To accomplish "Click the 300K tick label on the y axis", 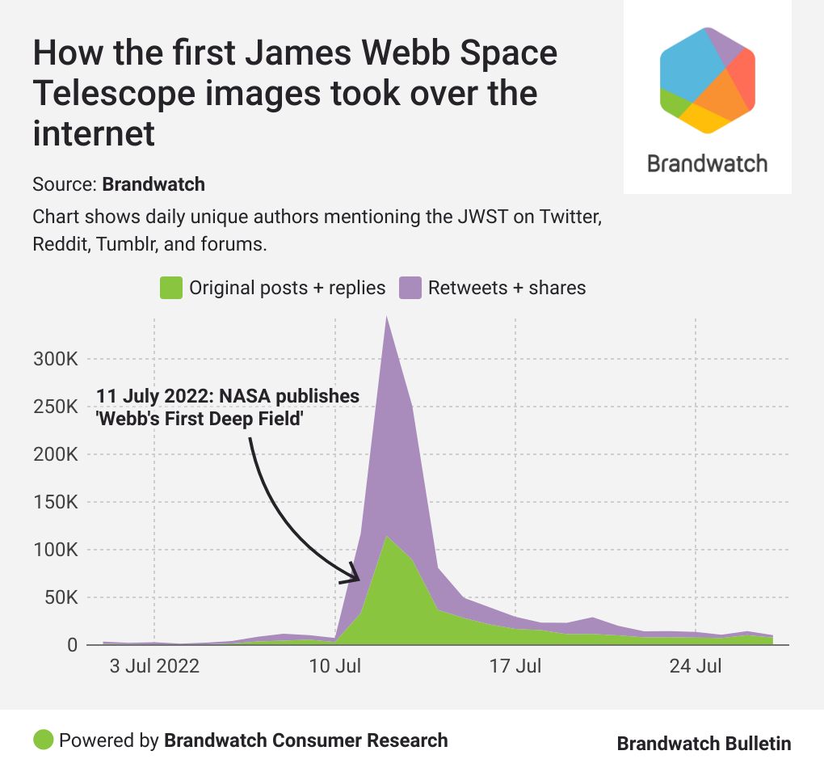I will pyautogui.click(x=55, y=359).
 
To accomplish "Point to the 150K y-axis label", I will pyautogui.click(x=55, y=502).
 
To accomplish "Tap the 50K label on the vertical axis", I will pyautogui.click(x=60, y=598).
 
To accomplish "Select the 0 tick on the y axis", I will pyautogui.click(x=72, y=646).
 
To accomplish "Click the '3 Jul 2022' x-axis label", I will pyautogui.click(x=154, y=668).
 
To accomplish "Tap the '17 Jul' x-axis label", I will pyautogui.click(x=516, y=668).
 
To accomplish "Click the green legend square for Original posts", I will pyautogui.click(x=170, y=288).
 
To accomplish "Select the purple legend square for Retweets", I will pyautogui.click(x=412, y=288).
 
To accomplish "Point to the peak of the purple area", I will pyautogui.click(x=388, y=317).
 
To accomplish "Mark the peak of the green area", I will pyautogui.click(x=388, y=537).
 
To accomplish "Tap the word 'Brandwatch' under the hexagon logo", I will pyautogui.click(x=708, y=164).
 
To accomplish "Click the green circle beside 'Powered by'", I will pyautogui.click(x=44, y=740).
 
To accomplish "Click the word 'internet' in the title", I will pyautogui.click(x=93, y=133).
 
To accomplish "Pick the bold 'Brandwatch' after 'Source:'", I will pyautogui.click(x=153, y=184).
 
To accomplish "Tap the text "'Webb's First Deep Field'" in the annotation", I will pyautogui.click(x=200, y=419).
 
